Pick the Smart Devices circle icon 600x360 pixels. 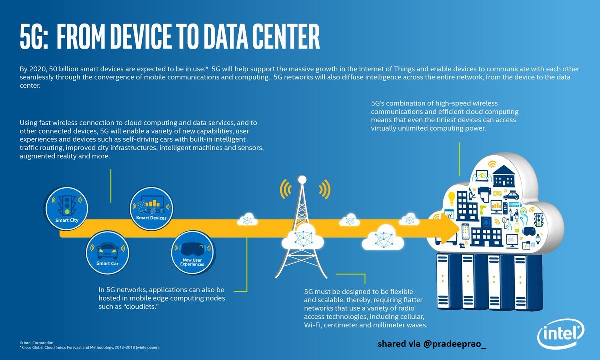(x=151, y=207)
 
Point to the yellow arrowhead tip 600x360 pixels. (x=458, y=228)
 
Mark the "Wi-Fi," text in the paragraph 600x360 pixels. (x=315, y=325)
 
